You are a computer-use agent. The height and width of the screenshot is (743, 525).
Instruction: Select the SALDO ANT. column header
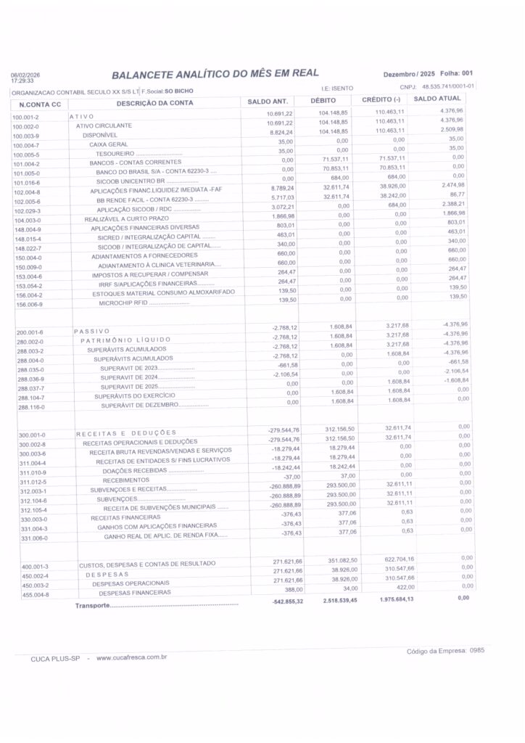(268, 101)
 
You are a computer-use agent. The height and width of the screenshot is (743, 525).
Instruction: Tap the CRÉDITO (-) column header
(381, 99)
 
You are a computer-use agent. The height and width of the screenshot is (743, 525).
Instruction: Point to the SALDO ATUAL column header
(437, 98)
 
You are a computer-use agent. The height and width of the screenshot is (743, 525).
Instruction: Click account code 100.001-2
(25, 117)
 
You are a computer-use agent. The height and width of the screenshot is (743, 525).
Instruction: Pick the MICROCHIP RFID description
(123, 302)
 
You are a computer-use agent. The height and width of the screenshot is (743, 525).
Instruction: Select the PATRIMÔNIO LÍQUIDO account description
(125, 340)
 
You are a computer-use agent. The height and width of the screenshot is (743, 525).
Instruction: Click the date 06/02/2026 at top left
(26, 75)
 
